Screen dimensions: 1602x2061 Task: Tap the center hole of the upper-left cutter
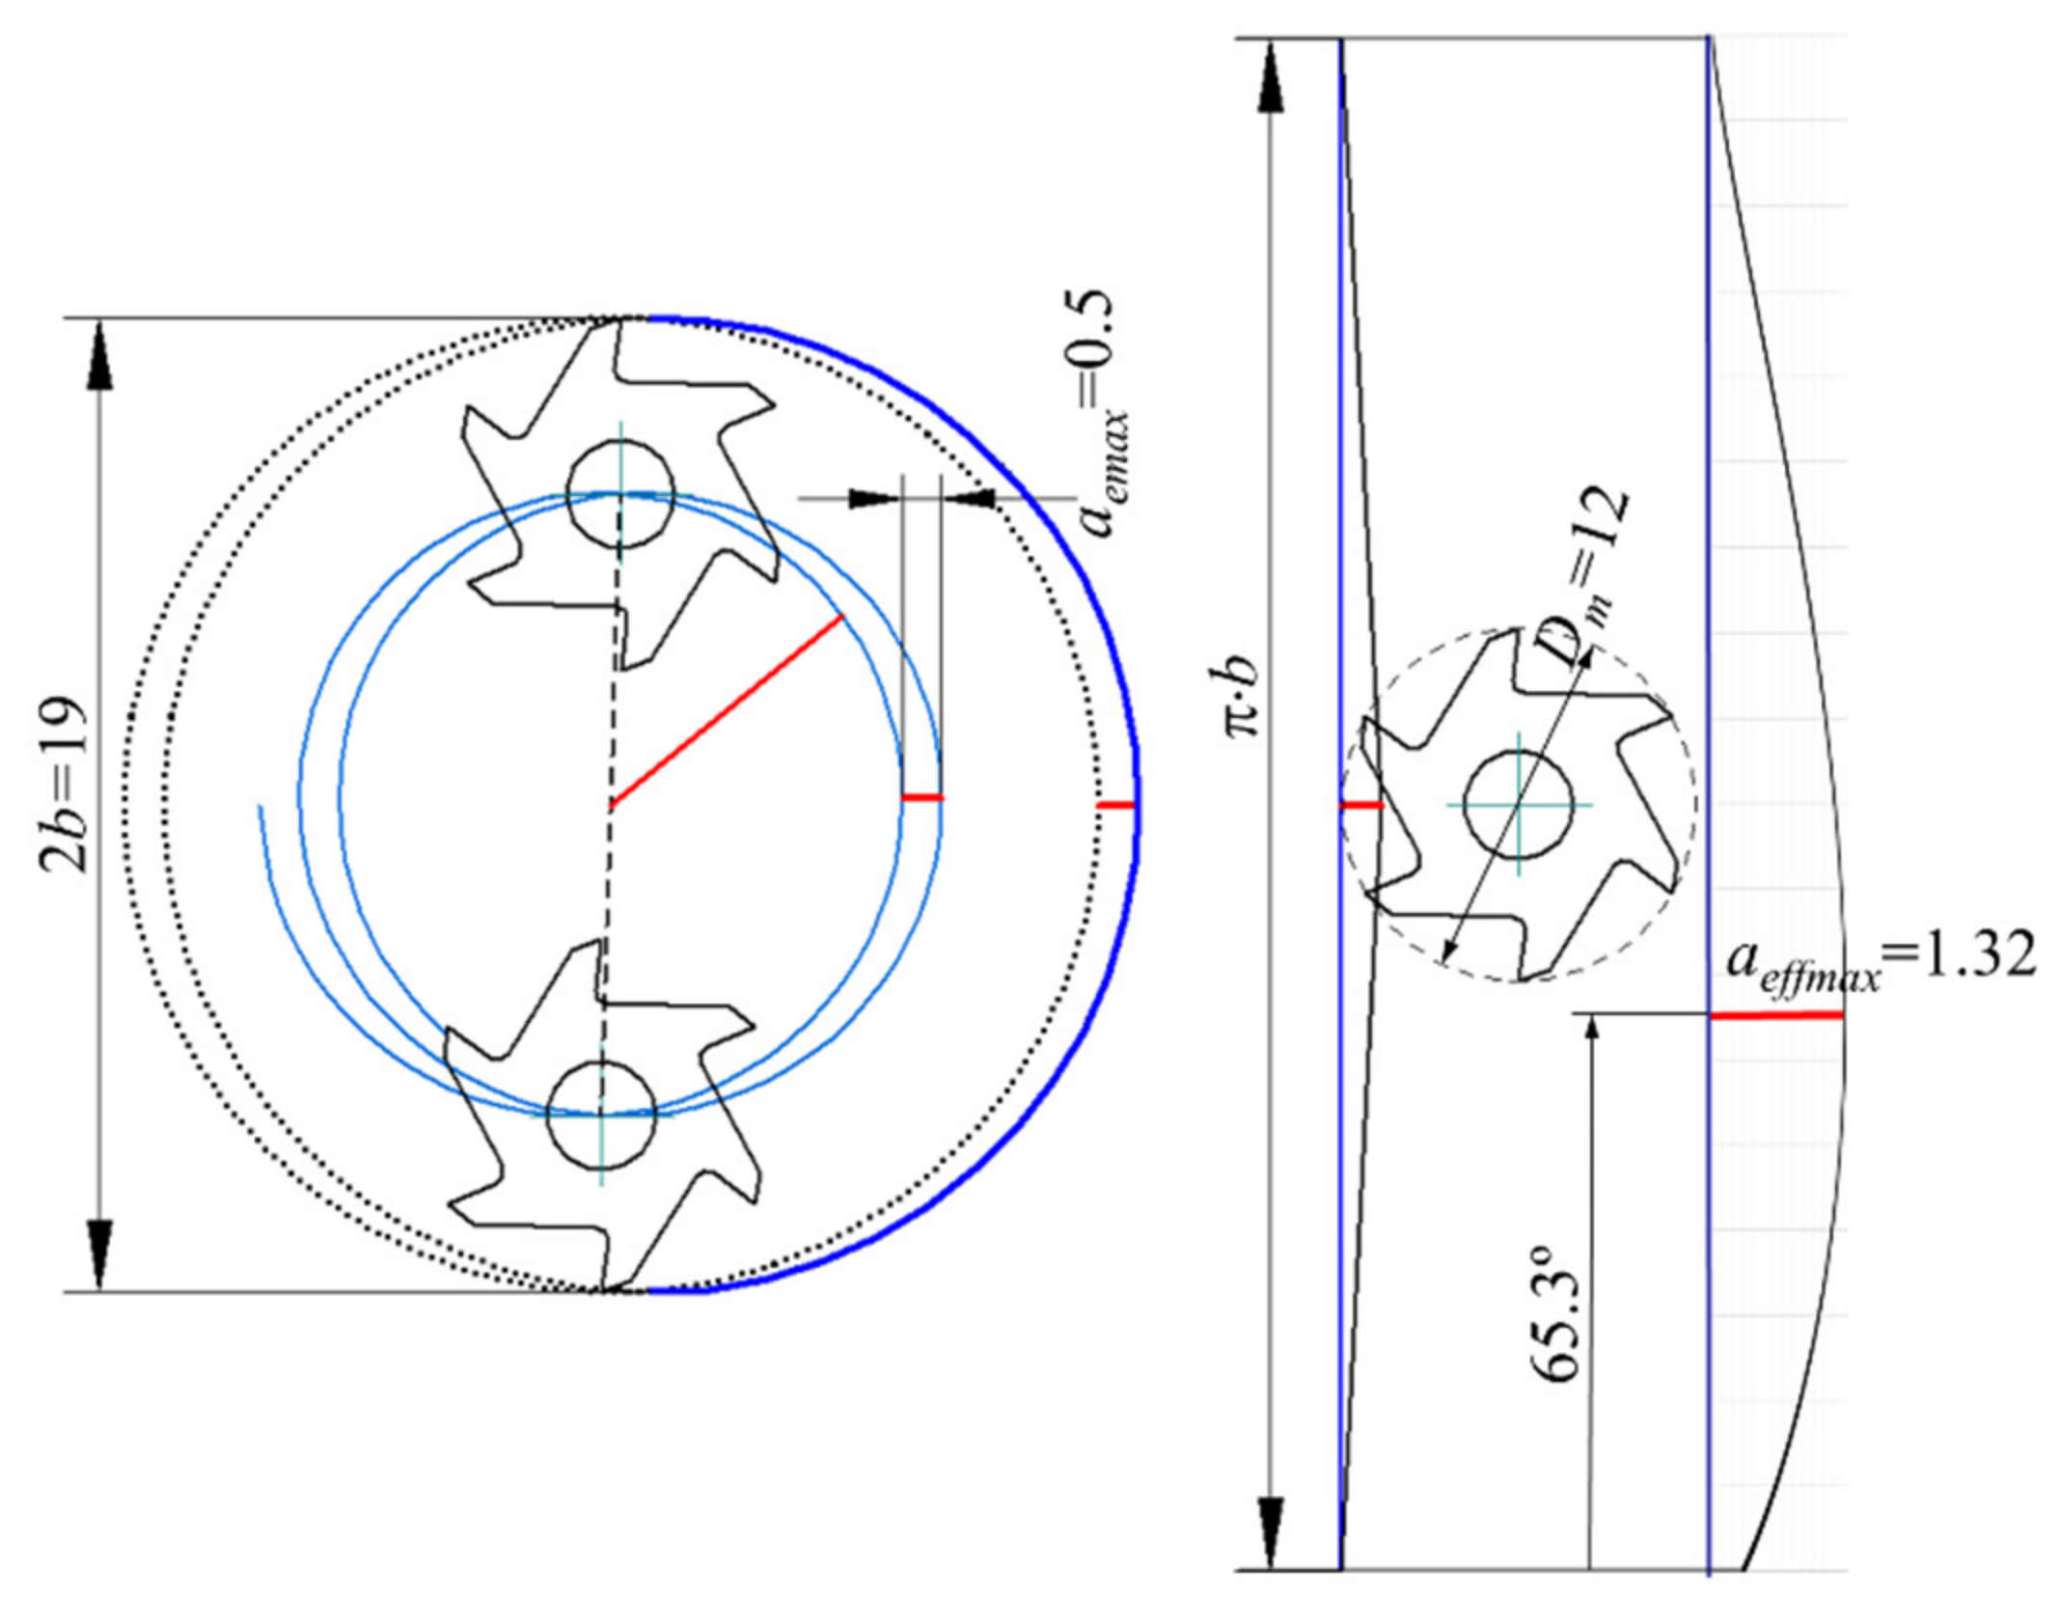619,494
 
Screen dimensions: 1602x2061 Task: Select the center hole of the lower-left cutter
601,1115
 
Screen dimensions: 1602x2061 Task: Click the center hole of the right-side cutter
1519,804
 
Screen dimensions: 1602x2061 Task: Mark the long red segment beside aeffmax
1775,1014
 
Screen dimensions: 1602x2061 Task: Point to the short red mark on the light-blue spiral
921,798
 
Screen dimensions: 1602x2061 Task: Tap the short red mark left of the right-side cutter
1361,804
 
